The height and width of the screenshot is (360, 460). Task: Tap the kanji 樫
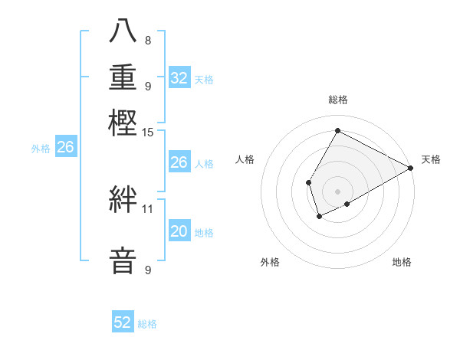click(x=124, y=123)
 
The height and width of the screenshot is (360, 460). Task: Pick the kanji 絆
click(x=124, y=199)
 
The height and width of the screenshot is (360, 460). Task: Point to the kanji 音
click(x=124, y=260)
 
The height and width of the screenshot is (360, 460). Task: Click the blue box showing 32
click(x=179, y=78)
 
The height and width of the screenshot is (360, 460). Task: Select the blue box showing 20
click(x=179, y=231)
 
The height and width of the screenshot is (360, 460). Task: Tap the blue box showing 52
click(x=123, y=322)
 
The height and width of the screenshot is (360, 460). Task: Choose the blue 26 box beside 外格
click(x=66, y=147)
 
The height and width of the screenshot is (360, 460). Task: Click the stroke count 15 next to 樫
click(x=148, y=132)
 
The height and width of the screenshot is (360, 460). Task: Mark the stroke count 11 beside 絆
click(x=148, y=208)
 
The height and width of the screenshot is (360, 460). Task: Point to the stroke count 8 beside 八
click(x=148, y=40)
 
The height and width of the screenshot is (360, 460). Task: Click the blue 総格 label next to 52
click(x=147, y=324)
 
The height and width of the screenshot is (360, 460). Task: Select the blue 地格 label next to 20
click(x=204, y=233)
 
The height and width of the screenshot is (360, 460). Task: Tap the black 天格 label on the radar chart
click(x=431, y=159)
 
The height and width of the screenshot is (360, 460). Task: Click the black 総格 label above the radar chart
click(x=338, y=100)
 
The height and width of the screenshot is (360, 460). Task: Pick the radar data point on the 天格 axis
click(x=411, y=168)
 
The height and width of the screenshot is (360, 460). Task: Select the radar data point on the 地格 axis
click(x=347, y=204)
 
